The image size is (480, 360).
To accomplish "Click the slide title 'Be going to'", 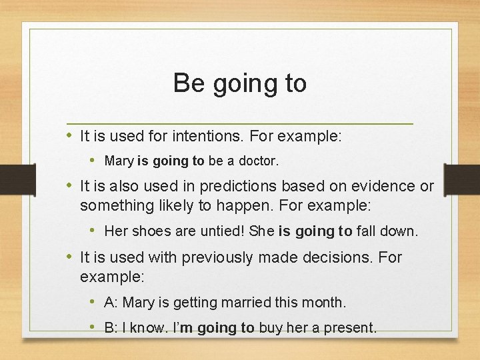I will point(240,83).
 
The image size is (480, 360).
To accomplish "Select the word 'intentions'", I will point(208,137).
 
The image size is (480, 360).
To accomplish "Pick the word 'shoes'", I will point(147,231).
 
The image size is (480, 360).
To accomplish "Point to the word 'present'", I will point(350,328).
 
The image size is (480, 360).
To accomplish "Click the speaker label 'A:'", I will point(111,303).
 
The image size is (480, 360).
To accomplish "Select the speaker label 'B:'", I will point(111,328).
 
